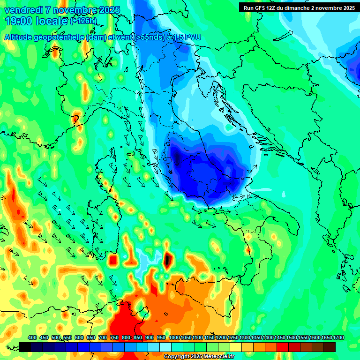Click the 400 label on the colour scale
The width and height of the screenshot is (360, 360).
coord(32,338)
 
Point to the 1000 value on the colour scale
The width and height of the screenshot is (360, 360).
coord(174,338)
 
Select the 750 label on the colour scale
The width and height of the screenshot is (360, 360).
coord(114,338)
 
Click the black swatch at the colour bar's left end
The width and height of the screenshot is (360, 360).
coord(25,347)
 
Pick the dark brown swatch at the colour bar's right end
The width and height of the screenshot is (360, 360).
coord(330,347)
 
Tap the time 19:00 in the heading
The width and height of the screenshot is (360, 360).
coord(19,21)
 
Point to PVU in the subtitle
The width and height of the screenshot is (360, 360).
coord(191,37)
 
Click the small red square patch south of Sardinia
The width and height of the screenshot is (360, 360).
coord(112,260)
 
